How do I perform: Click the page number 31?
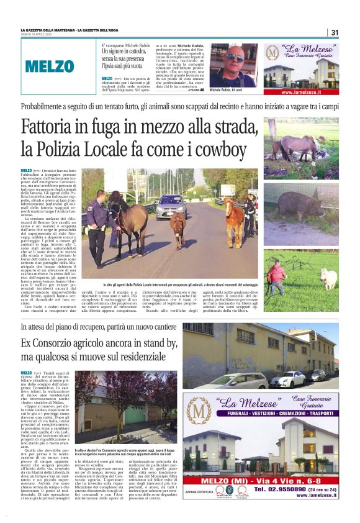click(334, 33)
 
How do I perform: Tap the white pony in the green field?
click(328, 278)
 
